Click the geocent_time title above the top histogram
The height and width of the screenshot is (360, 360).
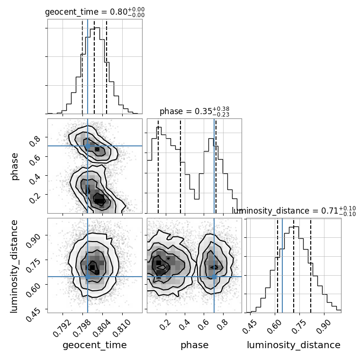pyautogui.click(x=95, y=12)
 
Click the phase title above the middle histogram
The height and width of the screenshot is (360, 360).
pyautogui.click(x=194, y=112)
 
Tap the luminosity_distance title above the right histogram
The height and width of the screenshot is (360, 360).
pyautogui.click(x=294, y=211)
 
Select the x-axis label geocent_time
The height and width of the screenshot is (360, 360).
pyautogui.click(x=95, y=345)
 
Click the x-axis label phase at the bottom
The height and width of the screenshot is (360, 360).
pyautogui.click(x=194, y=345)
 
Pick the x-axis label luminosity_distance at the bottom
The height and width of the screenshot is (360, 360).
pyautogui.click(x=294, y=345)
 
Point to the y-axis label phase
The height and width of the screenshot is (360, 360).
pyautogui.click(x=15, y=166)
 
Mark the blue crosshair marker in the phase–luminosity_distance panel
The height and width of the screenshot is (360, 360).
pyautogui.click(x=214, y=277)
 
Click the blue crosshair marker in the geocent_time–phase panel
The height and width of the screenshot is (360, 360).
pyautogui.click(x=88, y=146)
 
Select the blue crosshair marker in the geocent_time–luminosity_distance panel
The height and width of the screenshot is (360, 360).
pyautogui.click(x=88, y=277)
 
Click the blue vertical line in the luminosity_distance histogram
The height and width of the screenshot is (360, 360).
pyautogui.click(x=282, y=265)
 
